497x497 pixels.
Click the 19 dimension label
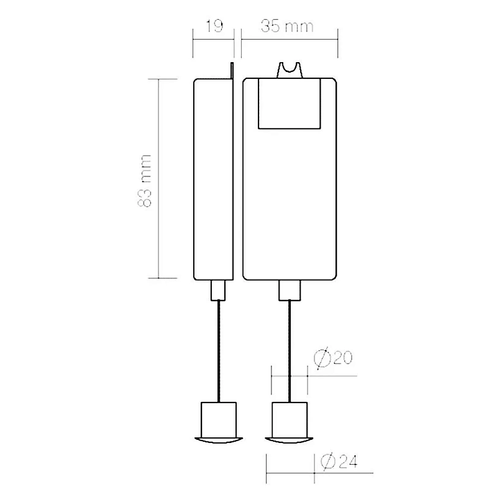214,25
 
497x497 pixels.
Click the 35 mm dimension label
287,25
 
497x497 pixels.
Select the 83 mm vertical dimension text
145,181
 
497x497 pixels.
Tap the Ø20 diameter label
333,358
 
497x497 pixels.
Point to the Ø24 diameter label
339,461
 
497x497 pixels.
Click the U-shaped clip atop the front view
290,70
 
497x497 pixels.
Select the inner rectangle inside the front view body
290,104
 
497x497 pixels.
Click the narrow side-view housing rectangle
213,180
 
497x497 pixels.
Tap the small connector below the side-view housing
218,290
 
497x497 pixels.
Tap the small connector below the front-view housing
290,290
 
